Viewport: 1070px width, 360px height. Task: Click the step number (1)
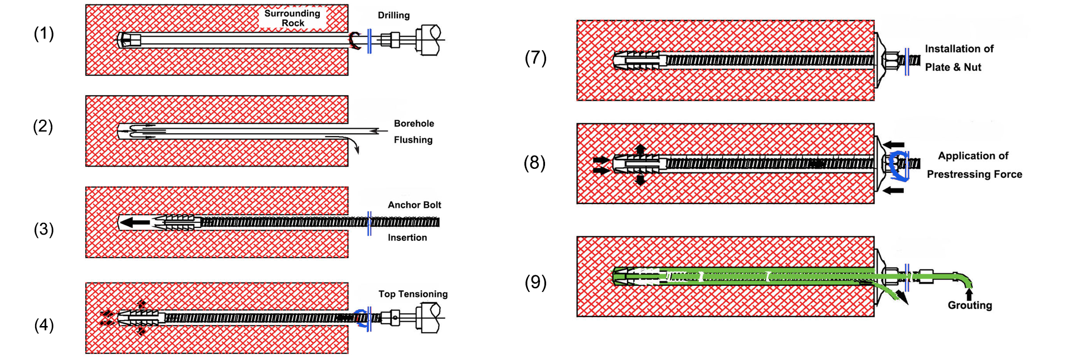click(43, 34)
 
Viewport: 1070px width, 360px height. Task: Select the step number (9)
click(535, 282)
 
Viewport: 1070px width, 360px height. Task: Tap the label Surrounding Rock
click(292, 18)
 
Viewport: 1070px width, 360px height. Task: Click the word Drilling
click(393, 15)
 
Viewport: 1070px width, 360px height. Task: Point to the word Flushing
click(413, 140)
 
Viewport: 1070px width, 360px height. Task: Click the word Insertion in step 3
click(407, 237)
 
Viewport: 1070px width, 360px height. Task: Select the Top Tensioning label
click(413, 294)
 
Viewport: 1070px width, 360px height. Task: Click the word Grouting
click(970, 305)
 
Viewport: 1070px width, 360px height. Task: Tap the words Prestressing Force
click(974, 174)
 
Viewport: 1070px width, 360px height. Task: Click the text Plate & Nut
click(953, 67)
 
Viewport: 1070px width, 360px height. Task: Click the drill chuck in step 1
click(430, 40)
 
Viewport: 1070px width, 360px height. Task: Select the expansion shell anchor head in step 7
click(639, 60)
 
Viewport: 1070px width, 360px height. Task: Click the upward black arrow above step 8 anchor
click(640, 149)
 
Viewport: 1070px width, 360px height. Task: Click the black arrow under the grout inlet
click(969, 295)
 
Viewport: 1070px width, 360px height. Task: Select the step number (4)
click(43, 325)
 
